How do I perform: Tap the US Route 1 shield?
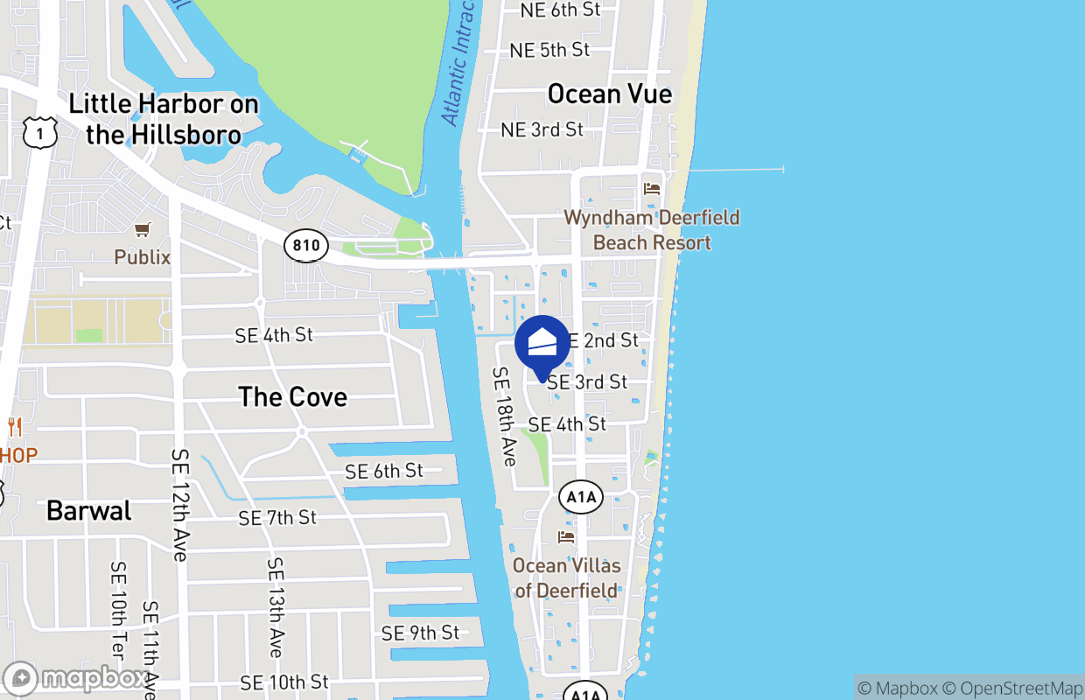pos(40,132)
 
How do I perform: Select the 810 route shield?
pos(306,245)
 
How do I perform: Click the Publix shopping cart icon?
pos(142,230)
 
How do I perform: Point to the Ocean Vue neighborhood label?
pos(609,94)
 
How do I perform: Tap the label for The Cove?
pos(292,397)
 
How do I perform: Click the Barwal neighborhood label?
pos(88,511)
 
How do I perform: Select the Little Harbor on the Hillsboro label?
pos(164,119)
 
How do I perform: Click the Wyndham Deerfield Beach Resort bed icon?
pos(651,189)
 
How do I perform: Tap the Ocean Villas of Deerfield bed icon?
pos(566,536)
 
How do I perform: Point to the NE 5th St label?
pos(549,50)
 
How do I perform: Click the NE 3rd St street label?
pos(542,129)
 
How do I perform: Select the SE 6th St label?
pos(383,472)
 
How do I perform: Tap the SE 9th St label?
pos(420,633)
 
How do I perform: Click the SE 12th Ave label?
pos(180,505)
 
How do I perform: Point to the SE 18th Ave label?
pos(505,416)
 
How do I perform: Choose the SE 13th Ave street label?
pos(275,607)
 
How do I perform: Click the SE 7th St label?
pos(277,518)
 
